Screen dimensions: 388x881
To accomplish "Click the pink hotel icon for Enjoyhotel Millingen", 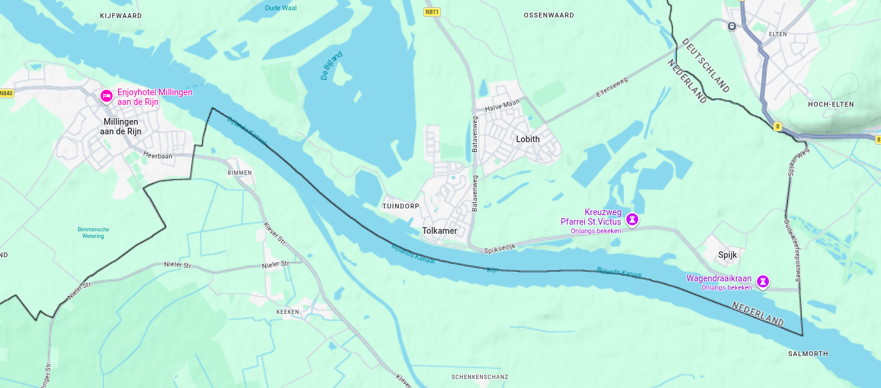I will point(106,96).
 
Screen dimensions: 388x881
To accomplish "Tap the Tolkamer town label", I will point(440,231).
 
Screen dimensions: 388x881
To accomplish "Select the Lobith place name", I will point(528,139).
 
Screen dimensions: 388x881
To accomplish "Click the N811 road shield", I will point(431,12).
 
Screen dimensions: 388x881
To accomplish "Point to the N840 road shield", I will point(6,93).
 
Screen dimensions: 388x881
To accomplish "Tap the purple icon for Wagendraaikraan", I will point(763,281).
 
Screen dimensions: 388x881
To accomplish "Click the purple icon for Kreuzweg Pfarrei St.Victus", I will point(632,219).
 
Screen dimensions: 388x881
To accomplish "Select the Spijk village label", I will point(727,255).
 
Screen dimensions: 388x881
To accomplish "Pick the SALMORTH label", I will point(808,354).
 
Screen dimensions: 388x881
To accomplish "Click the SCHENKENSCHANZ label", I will point(480,377).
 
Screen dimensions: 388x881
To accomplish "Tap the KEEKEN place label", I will point(287,311).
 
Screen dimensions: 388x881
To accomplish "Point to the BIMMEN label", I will point(239,173).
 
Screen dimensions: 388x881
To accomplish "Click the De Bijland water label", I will point(331,66).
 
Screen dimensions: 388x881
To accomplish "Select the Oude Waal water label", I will point(281,8).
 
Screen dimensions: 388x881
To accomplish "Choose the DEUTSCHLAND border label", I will point(705,65).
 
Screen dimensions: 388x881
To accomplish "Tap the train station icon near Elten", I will point(732,26).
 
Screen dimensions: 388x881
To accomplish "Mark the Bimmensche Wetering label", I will point(93,233).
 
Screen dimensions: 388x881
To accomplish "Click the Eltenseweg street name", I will point(611,87).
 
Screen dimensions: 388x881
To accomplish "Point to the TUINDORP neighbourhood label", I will point(400,206).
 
